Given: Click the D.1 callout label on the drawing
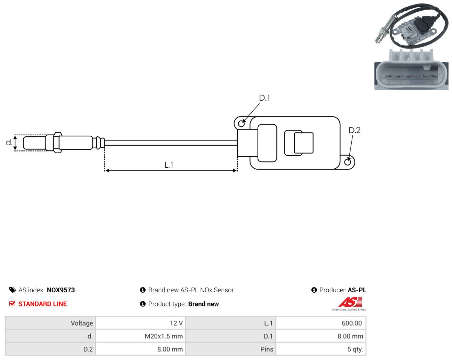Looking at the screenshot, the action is click(264, 98).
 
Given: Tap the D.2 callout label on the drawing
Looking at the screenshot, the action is click(354, 130).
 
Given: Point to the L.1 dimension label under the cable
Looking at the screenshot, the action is click(169, 165).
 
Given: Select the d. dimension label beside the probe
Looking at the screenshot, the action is click(9, 143).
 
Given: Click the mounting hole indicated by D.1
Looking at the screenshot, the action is click(241, 124).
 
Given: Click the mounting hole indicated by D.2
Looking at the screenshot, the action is click(348, 162).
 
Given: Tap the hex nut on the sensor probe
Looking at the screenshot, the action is click(58, 143).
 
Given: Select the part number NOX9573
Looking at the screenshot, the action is click(61, 290).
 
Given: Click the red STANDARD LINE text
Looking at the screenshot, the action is click(43, 304).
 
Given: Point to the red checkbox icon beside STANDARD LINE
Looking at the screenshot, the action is click(12, 304).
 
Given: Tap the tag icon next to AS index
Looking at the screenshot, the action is click(13, 290).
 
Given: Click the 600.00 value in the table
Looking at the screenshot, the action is click(352, 323).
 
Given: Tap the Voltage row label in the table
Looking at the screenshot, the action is click(82, 323).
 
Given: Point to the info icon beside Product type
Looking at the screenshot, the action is click(143, 304).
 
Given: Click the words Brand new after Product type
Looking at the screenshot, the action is click(204, 304).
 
